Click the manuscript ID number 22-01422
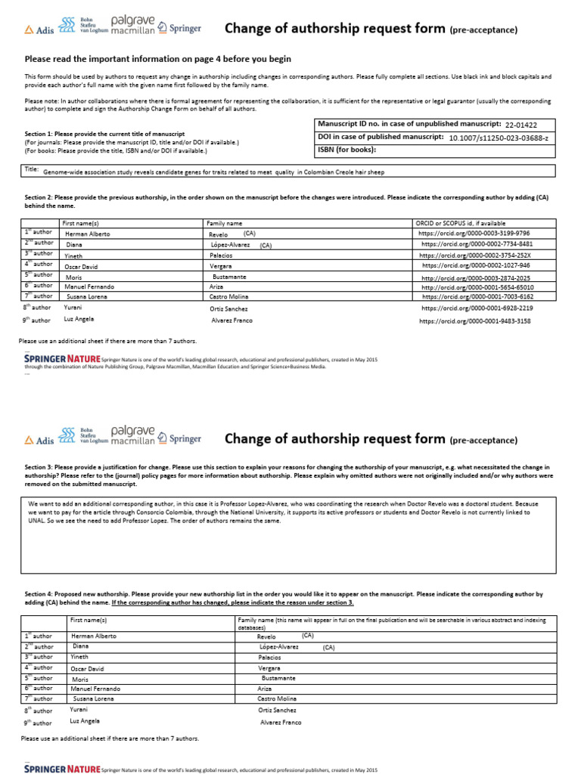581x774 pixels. [x=521, y=125]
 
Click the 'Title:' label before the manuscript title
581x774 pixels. [x=31, y=170]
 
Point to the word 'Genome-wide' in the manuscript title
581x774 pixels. [x=61, y=172]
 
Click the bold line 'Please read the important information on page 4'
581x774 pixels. [x=157, y=59]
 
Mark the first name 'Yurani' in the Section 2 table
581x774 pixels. [x=73, y=308]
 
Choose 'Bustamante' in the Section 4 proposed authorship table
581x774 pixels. [x=278, y=679]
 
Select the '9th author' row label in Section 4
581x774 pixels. [x=38, y=722]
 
